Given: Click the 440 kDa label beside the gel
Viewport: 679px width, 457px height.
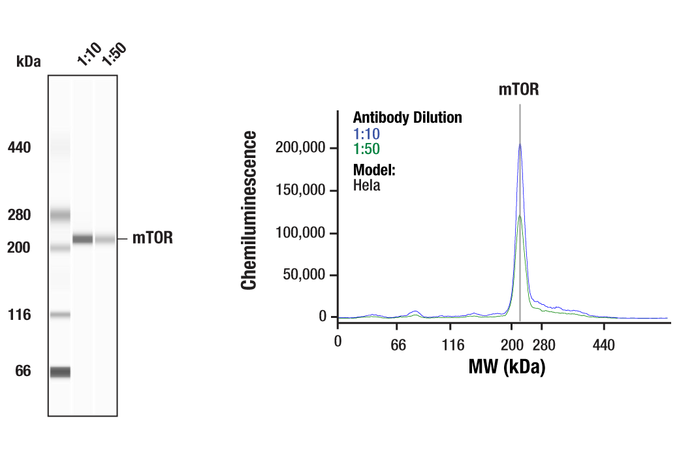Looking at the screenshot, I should pyautogui.click(x=19, y=148).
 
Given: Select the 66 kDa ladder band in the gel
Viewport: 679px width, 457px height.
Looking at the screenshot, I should pyautogui.click(x=60, y=371).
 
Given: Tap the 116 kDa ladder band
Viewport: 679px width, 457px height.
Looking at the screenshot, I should pyautogui.click(x=60, y=315).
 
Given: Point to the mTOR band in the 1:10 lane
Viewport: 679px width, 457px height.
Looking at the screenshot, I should pyautogui.click(x=82, y=239).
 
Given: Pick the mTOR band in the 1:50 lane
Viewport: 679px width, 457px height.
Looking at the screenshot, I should pyautogui.click(x=105, y=240).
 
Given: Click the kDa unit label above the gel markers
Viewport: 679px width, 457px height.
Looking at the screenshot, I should pyautogui.click(x=28, y=62).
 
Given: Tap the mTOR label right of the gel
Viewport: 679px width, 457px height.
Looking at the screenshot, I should pyautogui.click(x=153, y=238).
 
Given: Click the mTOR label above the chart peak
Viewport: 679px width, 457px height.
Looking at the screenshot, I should pyautogui.click(x=519, y=90).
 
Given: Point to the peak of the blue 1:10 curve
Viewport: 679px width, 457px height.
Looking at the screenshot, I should pyautogui.click(x=520, y=144).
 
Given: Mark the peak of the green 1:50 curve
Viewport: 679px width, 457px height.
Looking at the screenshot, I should pyautogui.click(x=520, y=215).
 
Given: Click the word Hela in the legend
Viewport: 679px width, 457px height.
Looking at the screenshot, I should pyautogui.click(x=366, y=185).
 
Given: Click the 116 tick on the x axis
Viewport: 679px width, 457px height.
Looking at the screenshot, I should pyautogui.click(x=452, y=344).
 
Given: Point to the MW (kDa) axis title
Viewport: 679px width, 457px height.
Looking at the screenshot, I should pyautogui.click(x=506, y=367).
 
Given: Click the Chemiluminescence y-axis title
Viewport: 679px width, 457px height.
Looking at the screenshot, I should pyautogui.click(x=249, y=210).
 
